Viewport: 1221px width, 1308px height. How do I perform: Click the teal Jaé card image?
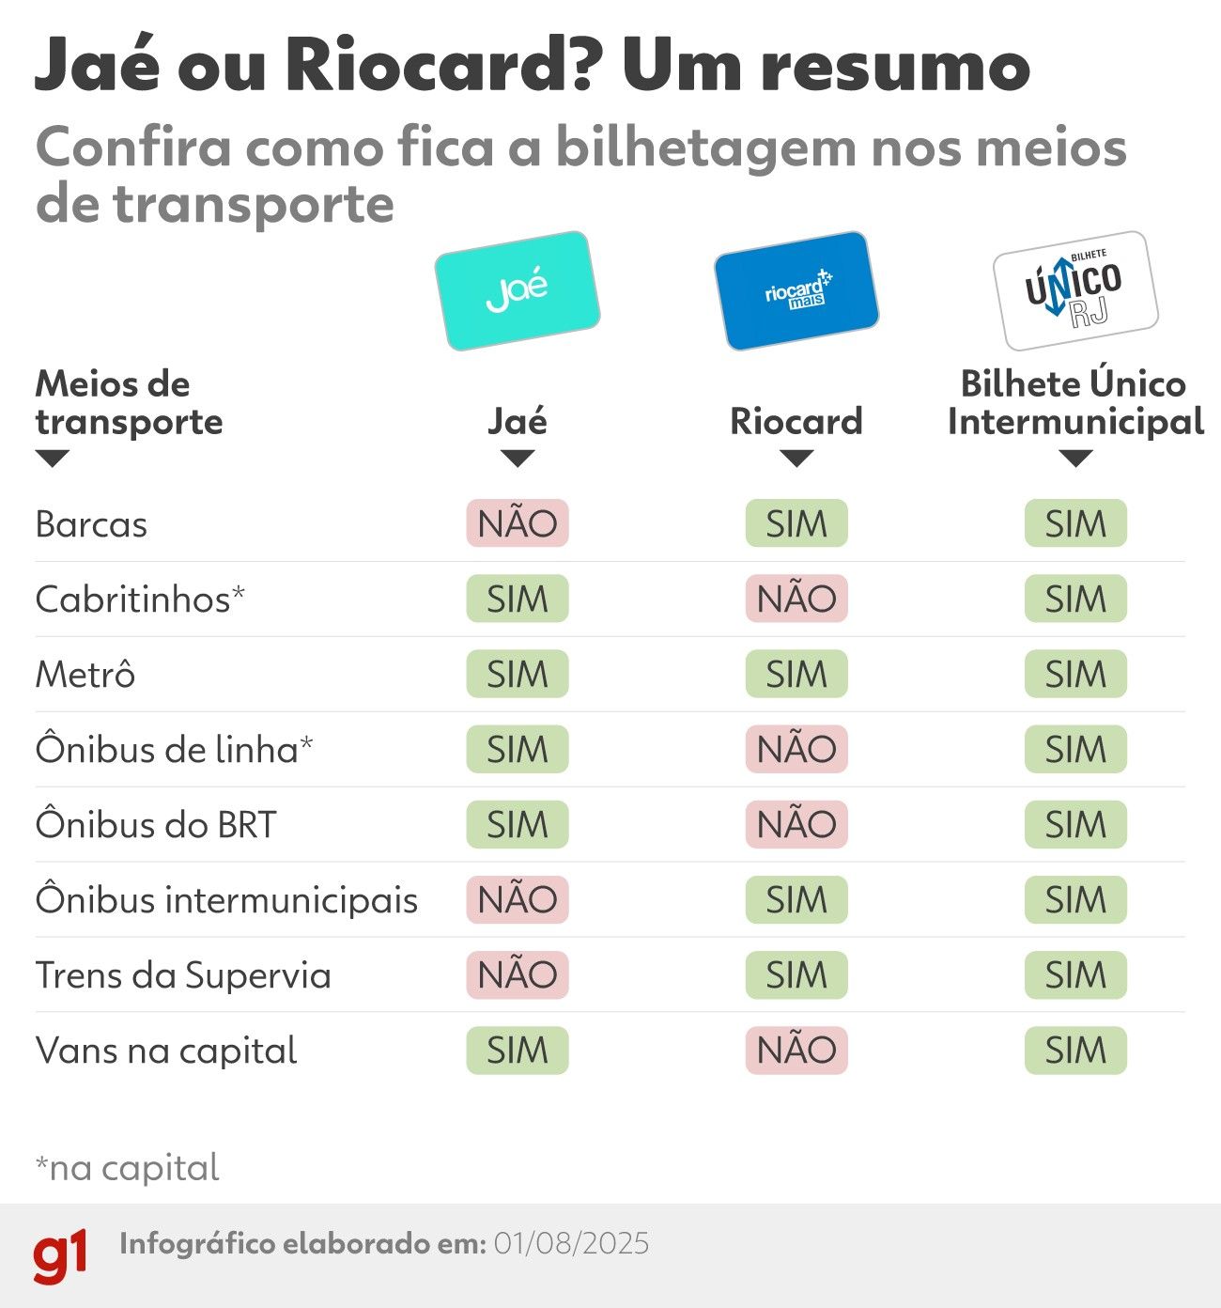click(517, 290)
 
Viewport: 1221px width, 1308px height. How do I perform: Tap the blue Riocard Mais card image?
click(796, 290)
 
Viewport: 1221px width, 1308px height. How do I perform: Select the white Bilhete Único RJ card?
click(1075, 290)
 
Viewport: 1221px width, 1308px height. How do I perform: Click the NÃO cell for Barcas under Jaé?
click(518, 523)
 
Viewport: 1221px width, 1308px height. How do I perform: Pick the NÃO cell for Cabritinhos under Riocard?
click(796, 599)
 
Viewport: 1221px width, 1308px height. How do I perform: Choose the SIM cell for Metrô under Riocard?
click(796, 674)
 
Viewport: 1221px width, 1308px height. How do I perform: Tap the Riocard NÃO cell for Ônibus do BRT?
click(796, 824)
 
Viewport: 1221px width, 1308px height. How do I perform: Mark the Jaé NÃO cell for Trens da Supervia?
click(518, 974)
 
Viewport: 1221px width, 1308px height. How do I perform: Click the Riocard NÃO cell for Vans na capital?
click(796, 1050)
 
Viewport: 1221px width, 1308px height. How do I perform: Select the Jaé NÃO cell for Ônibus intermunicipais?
click(518, 899)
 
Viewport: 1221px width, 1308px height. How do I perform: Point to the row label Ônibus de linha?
click(174, 749)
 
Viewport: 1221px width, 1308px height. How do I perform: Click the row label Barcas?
click(91, 524)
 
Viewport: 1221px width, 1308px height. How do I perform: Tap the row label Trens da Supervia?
click(183, 975)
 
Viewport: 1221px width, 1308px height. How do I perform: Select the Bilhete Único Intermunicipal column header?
click(1075, 403)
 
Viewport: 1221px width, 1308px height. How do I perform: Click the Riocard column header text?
click(796, 422)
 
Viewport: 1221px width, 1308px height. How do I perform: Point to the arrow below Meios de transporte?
click(52, 459)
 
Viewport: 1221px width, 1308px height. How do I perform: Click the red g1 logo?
click(60, 1254)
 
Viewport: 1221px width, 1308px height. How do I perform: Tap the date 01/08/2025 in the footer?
click(571, 1244)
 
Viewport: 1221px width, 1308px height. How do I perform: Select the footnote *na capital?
click(127, 1168)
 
